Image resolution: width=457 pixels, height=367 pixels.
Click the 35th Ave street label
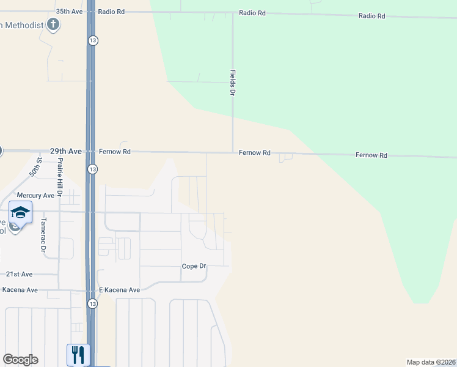(x=68, y=12)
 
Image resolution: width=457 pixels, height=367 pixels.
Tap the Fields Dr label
(x=232, y=82)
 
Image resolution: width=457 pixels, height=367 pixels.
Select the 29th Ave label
(x=65, y=150)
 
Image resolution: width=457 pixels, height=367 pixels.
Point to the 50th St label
(x=38, y=167)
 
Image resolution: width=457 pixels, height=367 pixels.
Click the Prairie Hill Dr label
(x=60, y=177)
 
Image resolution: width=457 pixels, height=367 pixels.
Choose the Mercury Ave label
(x=35, y=196)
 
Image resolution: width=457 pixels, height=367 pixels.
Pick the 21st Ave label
(x=19, y=275)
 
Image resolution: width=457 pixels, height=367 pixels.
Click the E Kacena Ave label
(x=119, y=290)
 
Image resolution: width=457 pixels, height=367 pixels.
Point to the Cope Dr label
(x=194, y=266)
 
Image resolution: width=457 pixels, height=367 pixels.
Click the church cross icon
(x=54, y=25)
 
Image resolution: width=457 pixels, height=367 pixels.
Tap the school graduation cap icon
(x=20, y=212)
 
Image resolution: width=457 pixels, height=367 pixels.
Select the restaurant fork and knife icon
(x=78, y=354)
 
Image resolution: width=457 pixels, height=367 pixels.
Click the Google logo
(x=21, y=360)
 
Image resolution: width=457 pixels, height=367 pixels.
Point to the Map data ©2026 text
(x=430, y=362)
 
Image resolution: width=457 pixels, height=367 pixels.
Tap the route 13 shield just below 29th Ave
(x=92, y=169)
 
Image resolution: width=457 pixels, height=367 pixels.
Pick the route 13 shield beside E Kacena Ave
(x=92, y=303)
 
